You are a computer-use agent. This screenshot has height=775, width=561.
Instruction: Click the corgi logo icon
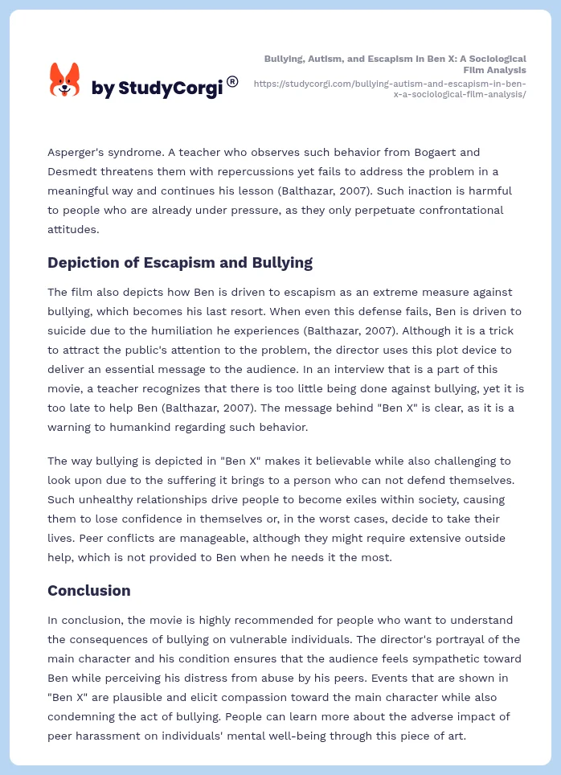coord(65,80)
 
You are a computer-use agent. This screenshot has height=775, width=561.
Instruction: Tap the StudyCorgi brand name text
coord(157,88)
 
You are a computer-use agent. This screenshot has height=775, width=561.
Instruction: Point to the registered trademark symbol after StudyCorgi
coord(232,81)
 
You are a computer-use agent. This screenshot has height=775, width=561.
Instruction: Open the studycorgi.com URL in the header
coord(390,88)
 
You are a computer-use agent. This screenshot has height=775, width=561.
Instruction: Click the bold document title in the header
coord(395,64)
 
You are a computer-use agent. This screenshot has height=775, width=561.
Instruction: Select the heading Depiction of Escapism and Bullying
coord(180,262)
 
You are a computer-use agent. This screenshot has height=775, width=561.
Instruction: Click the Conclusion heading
coord(89,590)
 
